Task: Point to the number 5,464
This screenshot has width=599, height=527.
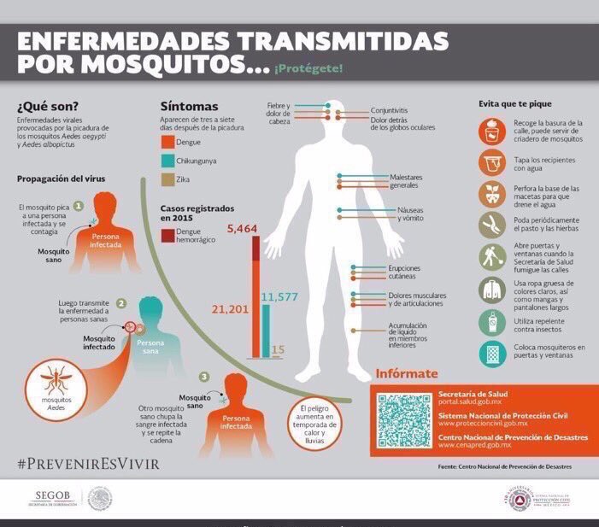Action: coord(242,229)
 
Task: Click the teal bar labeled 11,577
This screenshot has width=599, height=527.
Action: coord(266,329)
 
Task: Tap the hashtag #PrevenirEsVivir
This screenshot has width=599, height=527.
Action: coord(87,465)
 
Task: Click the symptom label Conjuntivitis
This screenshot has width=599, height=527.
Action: coord(389,111)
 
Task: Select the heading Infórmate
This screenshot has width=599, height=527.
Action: coord(407,373)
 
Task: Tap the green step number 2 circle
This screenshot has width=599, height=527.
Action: coord(121,303)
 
